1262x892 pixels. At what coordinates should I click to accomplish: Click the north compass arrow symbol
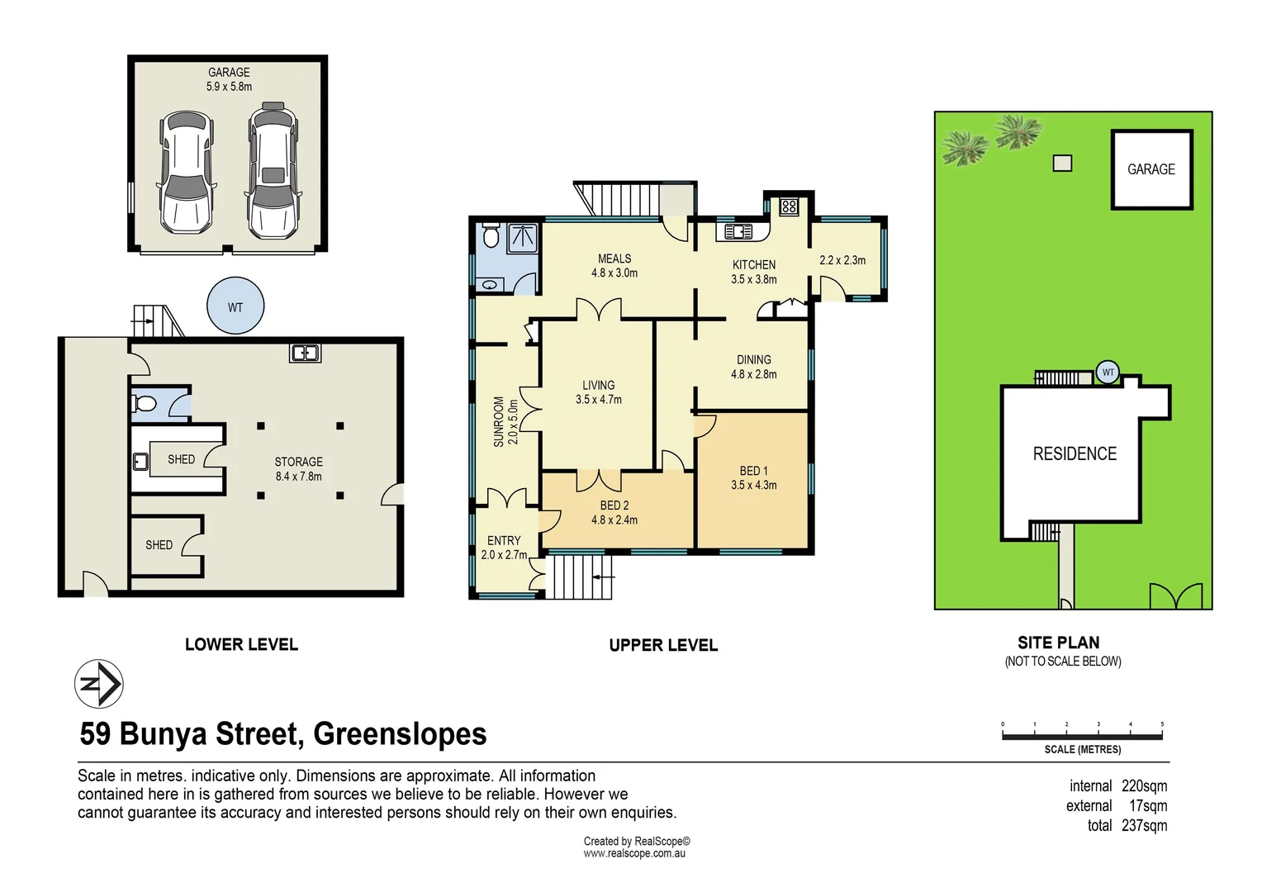99,684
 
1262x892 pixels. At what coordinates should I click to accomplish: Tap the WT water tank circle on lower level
235,306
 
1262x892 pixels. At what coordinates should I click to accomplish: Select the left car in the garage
186,173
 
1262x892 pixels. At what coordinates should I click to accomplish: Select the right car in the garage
273,171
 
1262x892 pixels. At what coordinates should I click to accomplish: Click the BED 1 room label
753,478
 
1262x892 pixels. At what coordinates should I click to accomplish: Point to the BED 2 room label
614,512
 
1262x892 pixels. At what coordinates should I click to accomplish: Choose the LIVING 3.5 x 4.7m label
598,392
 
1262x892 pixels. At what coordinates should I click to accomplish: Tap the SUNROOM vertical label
505,422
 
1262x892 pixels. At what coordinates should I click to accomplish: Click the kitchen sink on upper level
738,232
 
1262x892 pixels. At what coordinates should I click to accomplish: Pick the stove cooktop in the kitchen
789,206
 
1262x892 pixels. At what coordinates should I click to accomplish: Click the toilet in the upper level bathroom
491,237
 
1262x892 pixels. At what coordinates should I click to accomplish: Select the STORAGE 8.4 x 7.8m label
298,468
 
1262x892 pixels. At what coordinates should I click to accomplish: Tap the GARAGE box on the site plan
1151,169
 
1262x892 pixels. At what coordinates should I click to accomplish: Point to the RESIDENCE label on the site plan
1075,453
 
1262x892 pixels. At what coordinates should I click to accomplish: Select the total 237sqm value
1144,825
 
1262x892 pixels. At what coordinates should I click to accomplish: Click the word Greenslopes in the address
400,733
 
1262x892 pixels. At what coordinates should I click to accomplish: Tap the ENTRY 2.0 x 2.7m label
504,548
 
